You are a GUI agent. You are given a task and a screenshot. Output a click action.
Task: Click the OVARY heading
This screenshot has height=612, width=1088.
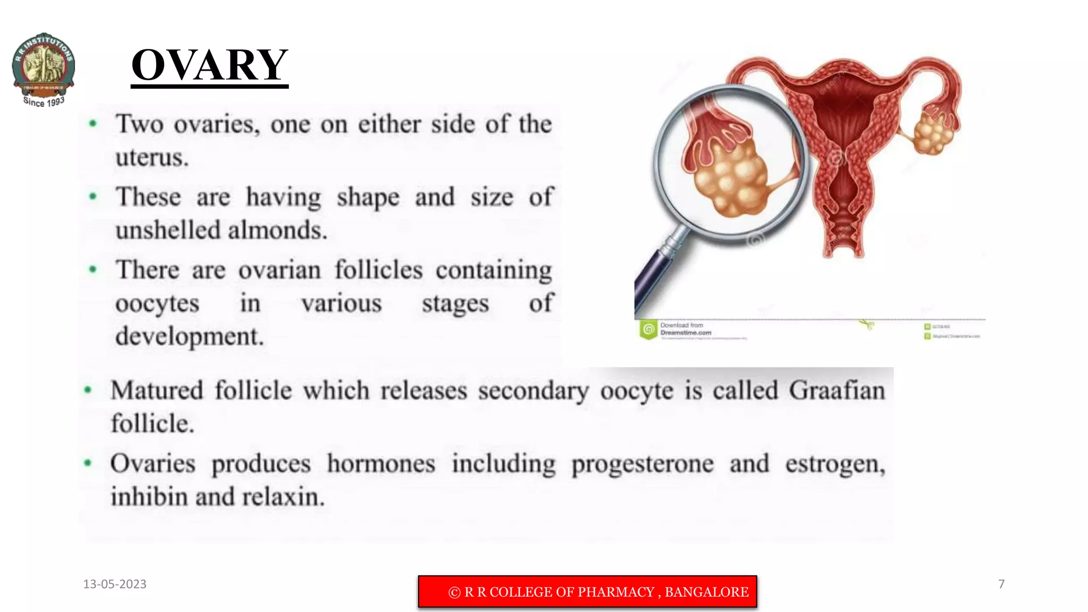209,65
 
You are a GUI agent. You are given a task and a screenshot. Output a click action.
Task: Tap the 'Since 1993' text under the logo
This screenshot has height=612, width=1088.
44,101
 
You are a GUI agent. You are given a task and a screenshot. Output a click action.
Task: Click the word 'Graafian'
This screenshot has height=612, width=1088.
836,390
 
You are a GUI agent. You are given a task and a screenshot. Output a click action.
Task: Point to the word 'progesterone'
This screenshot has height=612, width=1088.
642,464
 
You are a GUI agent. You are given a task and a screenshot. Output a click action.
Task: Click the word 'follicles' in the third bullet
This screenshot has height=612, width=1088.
378,270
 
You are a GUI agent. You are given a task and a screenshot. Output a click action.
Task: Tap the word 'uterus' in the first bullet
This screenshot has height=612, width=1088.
151,158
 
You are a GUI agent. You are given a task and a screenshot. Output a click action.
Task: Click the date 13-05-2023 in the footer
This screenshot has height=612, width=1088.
115,584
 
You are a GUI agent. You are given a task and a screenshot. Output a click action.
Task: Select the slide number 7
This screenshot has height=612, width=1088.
1001,584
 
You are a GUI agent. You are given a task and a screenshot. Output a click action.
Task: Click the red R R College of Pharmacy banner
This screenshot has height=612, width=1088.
587,591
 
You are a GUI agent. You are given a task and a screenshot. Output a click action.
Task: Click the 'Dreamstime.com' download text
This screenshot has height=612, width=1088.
685,333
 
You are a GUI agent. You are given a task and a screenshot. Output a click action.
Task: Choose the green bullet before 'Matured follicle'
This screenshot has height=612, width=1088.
88,390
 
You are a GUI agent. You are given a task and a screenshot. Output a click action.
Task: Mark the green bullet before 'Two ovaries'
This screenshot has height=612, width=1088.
93,124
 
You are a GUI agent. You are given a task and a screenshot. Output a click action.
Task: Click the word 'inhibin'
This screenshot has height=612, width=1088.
149,497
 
